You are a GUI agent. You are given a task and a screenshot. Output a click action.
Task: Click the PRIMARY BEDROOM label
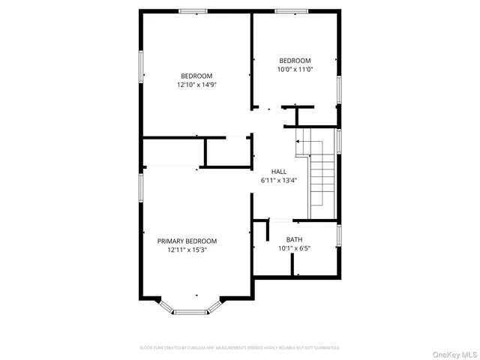pos(187,241)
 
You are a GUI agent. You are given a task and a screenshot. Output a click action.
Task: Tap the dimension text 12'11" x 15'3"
pos(187,250)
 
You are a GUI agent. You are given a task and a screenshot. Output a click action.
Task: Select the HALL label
pos(279,172)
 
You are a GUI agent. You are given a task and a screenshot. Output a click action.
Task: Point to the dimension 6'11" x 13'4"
pos(279,181)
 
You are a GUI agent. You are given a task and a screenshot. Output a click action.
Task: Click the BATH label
pos(294,239)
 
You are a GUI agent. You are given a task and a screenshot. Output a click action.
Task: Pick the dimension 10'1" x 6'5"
pos(294,248)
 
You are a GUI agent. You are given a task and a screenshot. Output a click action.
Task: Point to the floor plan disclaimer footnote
pos(239,348)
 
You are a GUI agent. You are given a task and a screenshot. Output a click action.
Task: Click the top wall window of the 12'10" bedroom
pos(193,11)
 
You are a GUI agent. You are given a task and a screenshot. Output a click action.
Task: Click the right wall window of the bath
pos(340,235)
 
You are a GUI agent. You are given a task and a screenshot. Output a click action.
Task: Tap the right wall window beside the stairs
pos(340,140)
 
